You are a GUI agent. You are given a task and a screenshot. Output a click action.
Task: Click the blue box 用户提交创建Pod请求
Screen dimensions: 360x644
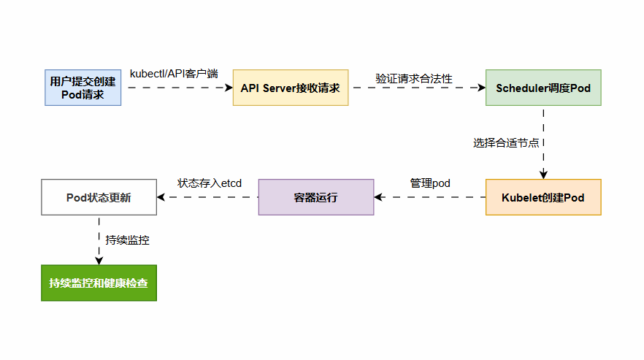pyautogui.click(x=83, y=88)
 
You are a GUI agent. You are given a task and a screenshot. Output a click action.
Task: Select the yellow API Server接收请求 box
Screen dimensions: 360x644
pyautogui.click(x=291, y=88)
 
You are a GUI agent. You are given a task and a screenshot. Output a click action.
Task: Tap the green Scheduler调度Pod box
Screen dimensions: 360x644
pyautogui.click(x=543, y=88)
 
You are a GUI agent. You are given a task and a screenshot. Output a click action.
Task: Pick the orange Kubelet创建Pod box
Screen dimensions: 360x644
pyautogui.click(x=543, y=197)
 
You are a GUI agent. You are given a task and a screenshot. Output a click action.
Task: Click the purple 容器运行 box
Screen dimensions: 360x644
pyautogui.click(x=316, y=197)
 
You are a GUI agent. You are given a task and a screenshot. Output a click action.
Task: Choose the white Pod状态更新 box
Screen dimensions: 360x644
pyautogui.click(x=99, y=197)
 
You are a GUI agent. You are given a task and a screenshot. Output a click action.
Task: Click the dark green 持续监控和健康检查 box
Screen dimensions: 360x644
pyautogui.click(x=99, y=283)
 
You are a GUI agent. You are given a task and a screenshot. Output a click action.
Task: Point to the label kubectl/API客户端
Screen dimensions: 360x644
pyautogui.click(x=174, y=74)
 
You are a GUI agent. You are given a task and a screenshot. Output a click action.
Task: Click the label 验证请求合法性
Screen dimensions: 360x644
pyautogui.click(x=414, y=78)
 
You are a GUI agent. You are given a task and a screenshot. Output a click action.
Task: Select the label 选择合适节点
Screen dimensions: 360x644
pyautogui.click(x=506, y=142)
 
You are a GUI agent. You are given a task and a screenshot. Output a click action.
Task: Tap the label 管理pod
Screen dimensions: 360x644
pyautogui.click(x=430, y=183)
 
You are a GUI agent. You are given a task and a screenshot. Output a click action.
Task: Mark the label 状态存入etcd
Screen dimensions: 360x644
pyautogui.click(x=210, y=183)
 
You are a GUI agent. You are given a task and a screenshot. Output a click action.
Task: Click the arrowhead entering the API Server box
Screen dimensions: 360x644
pyautogui.click(x=228, y=88)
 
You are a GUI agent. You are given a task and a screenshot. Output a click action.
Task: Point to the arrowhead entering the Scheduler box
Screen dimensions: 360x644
pyautogui.click(x=481, y=88)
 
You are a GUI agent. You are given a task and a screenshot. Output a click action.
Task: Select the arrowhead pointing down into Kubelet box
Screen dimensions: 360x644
pyautogui.click(x=543, y=175)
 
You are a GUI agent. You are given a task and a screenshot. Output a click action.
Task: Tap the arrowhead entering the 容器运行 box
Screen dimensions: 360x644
pyautogui.click(x=379, y=197)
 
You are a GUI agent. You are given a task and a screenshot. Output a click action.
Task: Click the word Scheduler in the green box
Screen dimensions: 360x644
pyautogui.click(x=521, y=88)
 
